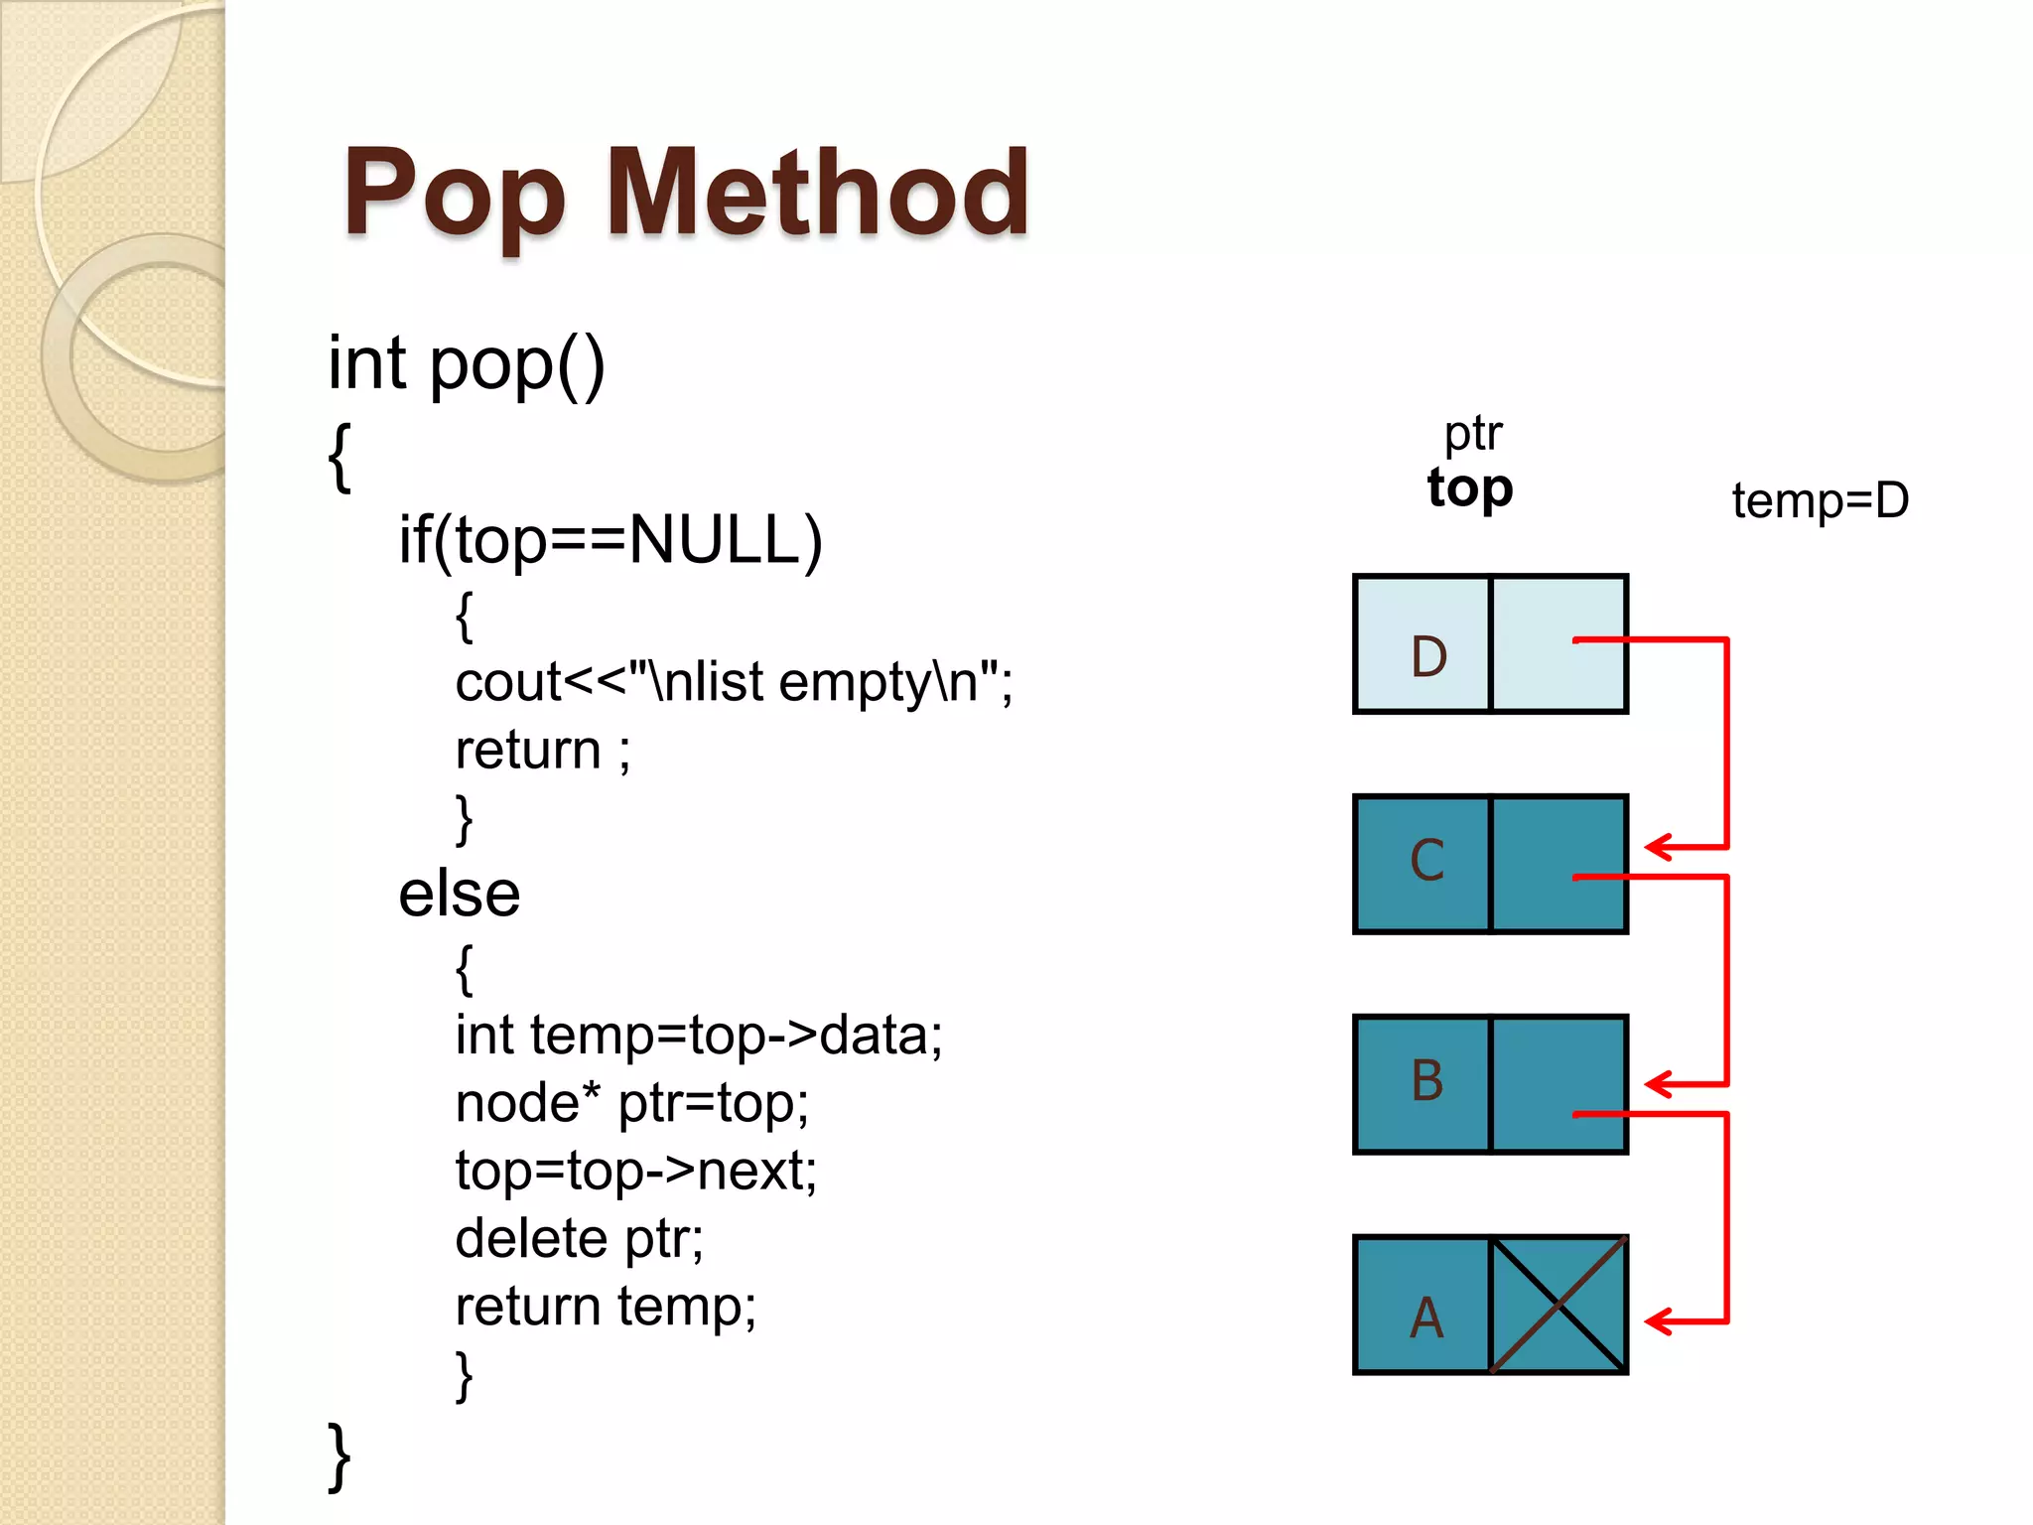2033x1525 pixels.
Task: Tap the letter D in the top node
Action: (x=1428, y=656)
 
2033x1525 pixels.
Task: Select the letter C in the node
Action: (x=1427, y=860)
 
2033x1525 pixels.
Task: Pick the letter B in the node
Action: (x=1427, y=1080)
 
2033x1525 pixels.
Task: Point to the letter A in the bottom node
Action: (x=1426, y=1318)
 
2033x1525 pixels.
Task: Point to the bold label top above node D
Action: (x=1470, y=488)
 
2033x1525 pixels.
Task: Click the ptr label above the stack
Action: (x=1473, y=434)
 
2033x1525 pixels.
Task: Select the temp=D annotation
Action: (x=1820, y=500)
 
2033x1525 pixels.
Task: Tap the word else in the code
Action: (x=459, y=894)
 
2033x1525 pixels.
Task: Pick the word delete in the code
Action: (x=531, y=1238)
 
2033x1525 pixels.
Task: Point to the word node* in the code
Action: (x=528, y=1103)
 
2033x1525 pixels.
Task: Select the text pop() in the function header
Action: (x=516, y=364)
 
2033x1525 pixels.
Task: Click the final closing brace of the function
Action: (x=339, y=1456)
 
